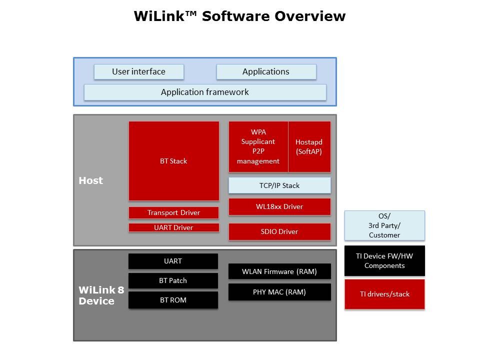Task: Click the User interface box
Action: click(x=138, y=71)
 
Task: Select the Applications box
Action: click(x=266, y=71)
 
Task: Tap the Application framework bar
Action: click(x=205, y=92)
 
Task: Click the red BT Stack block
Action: click(x=173, y=161)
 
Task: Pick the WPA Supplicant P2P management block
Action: click(x=258, y=146)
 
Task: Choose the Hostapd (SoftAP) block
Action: click(x=309, y=146)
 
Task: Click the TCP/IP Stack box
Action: click(x=279, y=185)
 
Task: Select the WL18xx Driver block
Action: click(x=279, y=206)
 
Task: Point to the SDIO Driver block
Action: click(x=279, y=231)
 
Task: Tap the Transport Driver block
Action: click(x=173, y=212)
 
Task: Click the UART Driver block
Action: click(x=173, y=227)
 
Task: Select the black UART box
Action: click(x=173, y=261)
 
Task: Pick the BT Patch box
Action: click(x=173, y=280)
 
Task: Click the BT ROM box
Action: click(x=173, y=300)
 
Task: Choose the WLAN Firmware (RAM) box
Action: click(x=279, y=271)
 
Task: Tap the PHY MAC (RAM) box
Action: click(x=279, y=292)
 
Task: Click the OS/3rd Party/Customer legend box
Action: click(x=384, y=225)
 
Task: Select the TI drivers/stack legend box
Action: click(x=384, y=294)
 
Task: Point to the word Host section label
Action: click(x=90, y=180)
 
